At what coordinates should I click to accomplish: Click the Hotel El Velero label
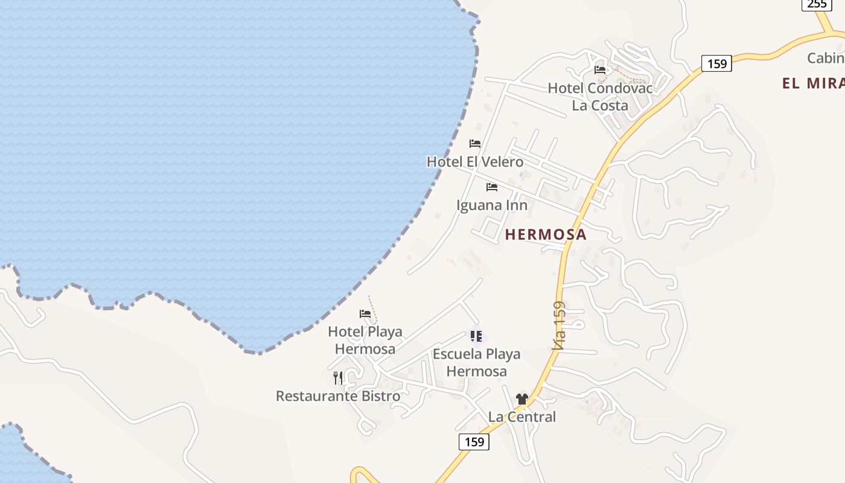(475, 162)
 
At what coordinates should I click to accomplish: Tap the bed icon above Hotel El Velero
(475, 144)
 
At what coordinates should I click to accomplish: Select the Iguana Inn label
(492, 205)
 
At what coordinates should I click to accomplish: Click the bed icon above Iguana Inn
(492, 187)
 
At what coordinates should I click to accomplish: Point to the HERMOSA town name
(546, 235)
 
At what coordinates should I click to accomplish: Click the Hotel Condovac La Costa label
(600, 97)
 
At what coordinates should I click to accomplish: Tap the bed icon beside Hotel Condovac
(600, 70)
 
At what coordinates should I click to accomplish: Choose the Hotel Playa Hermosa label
(365, 340)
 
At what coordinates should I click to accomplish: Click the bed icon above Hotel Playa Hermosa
(365, 314)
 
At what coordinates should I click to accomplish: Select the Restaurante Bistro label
(338, 396)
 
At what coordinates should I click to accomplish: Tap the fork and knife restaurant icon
(338, 378)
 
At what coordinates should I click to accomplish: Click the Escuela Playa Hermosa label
(476, 362)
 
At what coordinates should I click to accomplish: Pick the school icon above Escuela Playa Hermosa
(476, 336)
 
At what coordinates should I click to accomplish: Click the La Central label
(522, 417)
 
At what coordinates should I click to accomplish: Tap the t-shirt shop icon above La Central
(522, 399)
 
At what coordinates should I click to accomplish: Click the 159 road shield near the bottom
(474, 442)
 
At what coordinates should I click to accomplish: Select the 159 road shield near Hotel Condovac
(716, 63)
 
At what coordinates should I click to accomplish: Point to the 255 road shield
(817, 4)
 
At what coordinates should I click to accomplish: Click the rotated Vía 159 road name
(559, 326)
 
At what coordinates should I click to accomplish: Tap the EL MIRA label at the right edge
(813, 83)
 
